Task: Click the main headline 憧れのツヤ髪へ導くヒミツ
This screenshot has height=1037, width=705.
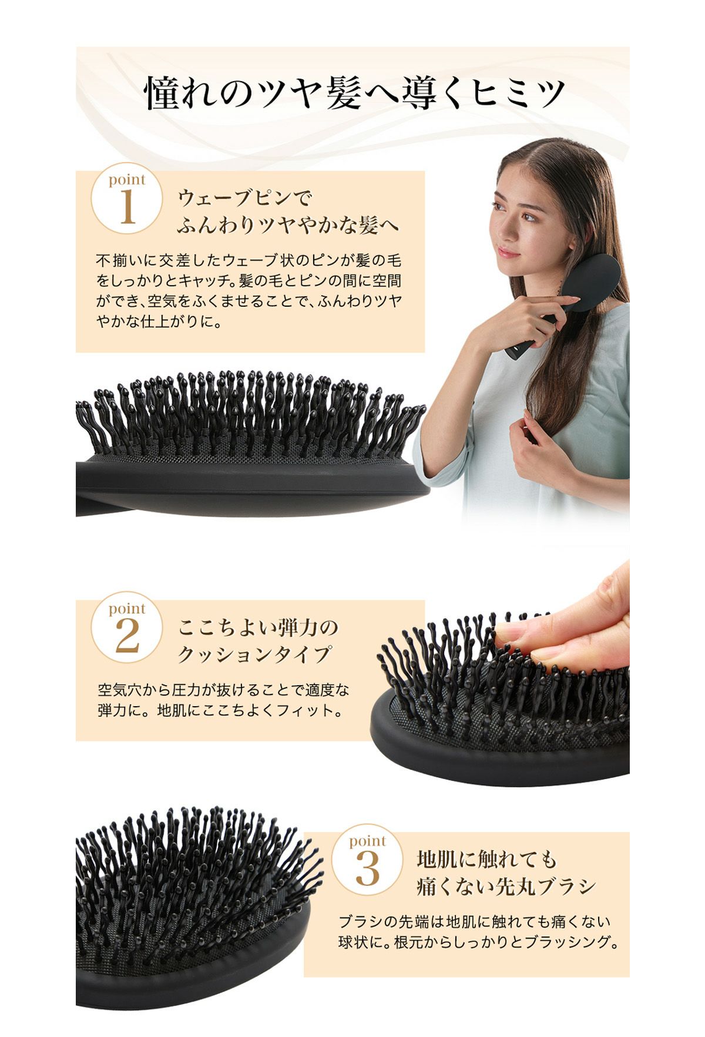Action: pyautogui.click(x=355, y=93)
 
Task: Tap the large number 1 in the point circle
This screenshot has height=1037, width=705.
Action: pyautogui.click(x=127, y=207)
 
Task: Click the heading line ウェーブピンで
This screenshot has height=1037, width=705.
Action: pyautogui.click(x=244, y=197)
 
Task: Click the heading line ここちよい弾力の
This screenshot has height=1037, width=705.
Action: pyautogui.click(x=258, y=627)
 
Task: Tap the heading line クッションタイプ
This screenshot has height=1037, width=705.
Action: pyautogui.click(x=254, y=655)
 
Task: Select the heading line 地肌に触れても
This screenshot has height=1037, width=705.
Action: pyautogui.click(x=486, y=860)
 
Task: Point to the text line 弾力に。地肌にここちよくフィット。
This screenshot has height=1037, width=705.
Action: pyautogui.click(x=221, y=710)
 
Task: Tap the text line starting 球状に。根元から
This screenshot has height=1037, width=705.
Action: pyautogui.click(x=479, y=942)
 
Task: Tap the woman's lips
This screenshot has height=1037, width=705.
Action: pyautogui.click(x=509, y=253)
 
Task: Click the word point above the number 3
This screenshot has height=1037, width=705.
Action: pyautogui.click(x=367, y=841)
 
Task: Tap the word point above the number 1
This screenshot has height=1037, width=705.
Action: pyautogui.click(x=126, y=180)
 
